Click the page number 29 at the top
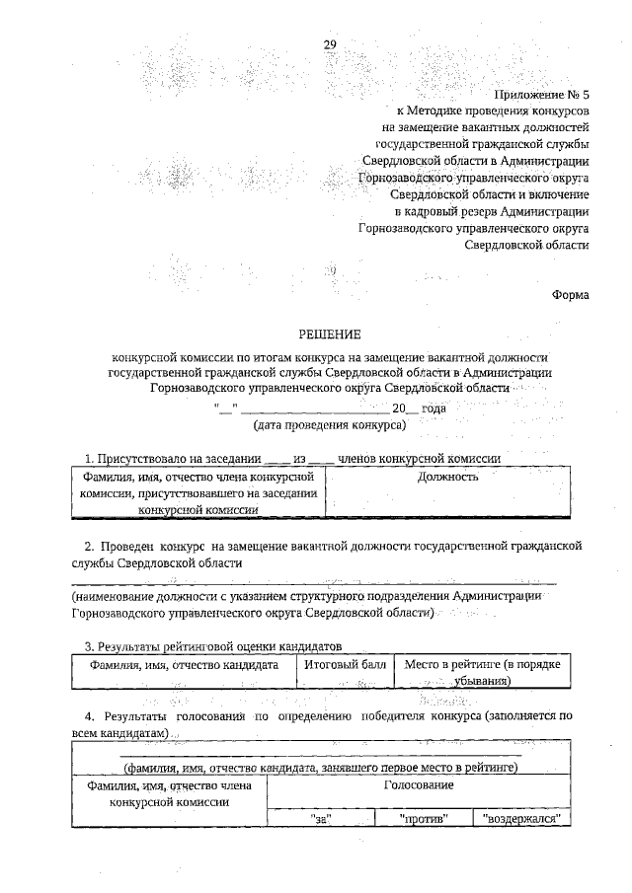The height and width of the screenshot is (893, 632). point(330,44)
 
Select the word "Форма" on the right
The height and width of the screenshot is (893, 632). point(571,293)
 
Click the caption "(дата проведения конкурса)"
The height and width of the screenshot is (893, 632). point(330,424)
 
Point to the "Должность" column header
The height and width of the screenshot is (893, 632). point(448,477)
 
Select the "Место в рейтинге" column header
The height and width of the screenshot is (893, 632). point(483,672)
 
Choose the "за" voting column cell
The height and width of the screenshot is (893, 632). point(319,818)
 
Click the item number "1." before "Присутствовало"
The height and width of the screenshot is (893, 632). point(90,458)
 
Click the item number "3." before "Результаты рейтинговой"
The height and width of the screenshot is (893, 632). point(89,646)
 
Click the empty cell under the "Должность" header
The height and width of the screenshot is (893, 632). point(448,501)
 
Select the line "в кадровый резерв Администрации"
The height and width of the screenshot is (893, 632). point(491,210)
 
